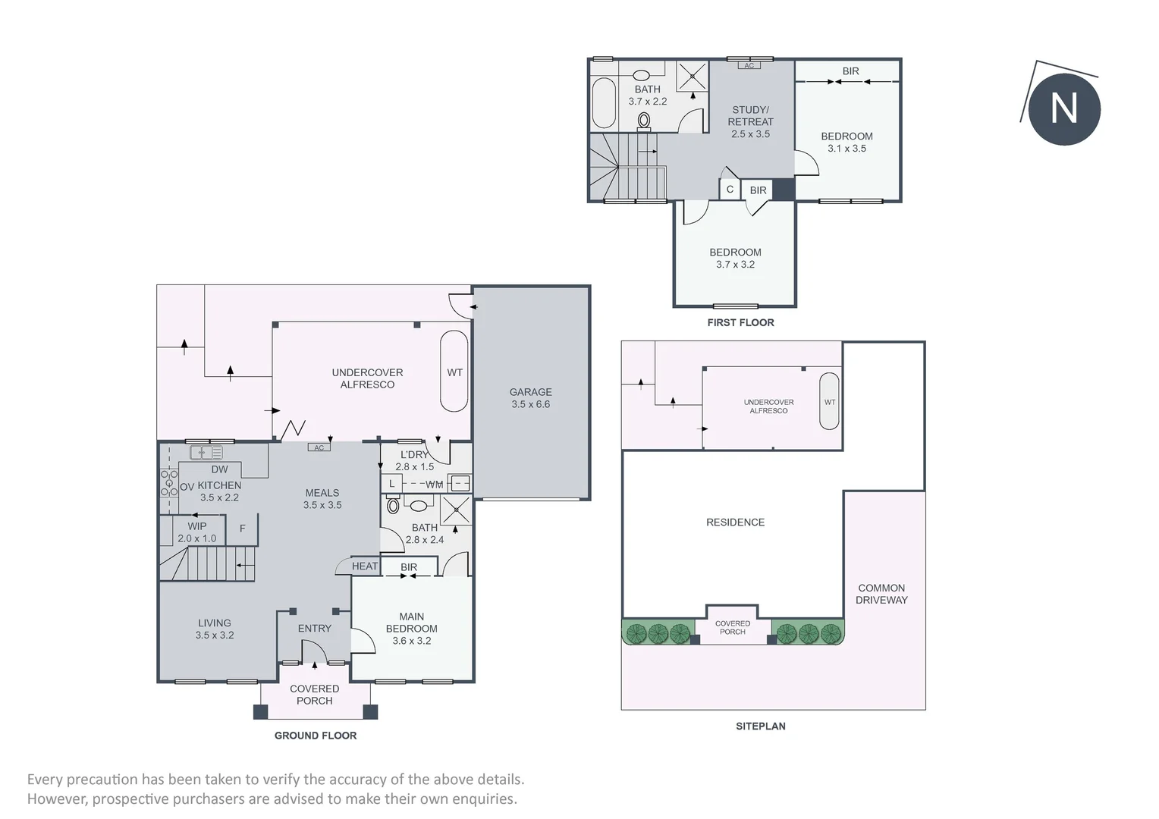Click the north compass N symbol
1063,108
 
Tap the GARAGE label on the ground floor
530,392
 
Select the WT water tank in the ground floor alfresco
454,372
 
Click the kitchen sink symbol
206,452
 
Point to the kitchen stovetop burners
169,483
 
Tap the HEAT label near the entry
365,566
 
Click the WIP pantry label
197,526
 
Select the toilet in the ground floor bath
393,505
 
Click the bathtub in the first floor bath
603,102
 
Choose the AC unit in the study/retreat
749,65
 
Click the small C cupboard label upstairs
730,190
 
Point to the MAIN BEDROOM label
411,623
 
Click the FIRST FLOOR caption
740,322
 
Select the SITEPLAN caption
761,726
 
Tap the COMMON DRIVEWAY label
881,594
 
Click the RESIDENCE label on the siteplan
735,522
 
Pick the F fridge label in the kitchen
242,529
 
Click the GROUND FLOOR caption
315,735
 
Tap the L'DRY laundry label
414,455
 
